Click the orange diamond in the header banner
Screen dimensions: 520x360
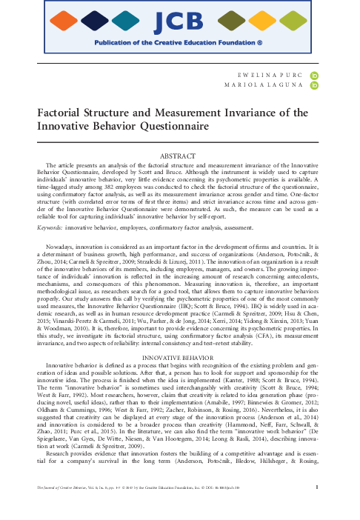(x=66, y=20)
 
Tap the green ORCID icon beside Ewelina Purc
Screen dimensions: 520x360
(x=315, y=75)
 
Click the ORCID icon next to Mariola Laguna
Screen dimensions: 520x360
(x=315, y=86)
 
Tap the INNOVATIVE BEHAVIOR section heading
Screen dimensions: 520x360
(x=180, y=336)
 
